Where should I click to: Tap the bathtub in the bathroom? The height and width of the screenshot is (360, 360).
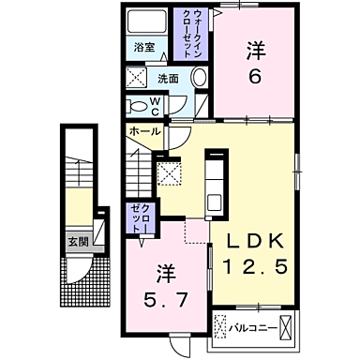pyautogui.click(x=146, y=22)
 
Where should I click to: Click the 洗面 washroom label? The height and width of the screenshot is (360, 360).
pyautogui.click(x=167, y=79)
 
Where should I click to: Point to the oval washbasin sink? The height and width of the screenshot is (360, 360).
pyautogui.click(x=200, y=79)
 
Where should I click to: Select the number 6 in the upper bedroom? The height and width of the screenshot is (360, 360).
pyautogui.click(x=255, y=79)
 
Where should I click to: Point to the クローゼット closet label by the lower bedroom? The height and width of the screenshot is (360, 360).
pyautogui.click(x=139, y=217)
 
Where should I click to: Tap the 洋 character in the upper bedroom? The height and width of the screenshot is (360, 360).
pyautogui.click(x=255, y=48)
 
